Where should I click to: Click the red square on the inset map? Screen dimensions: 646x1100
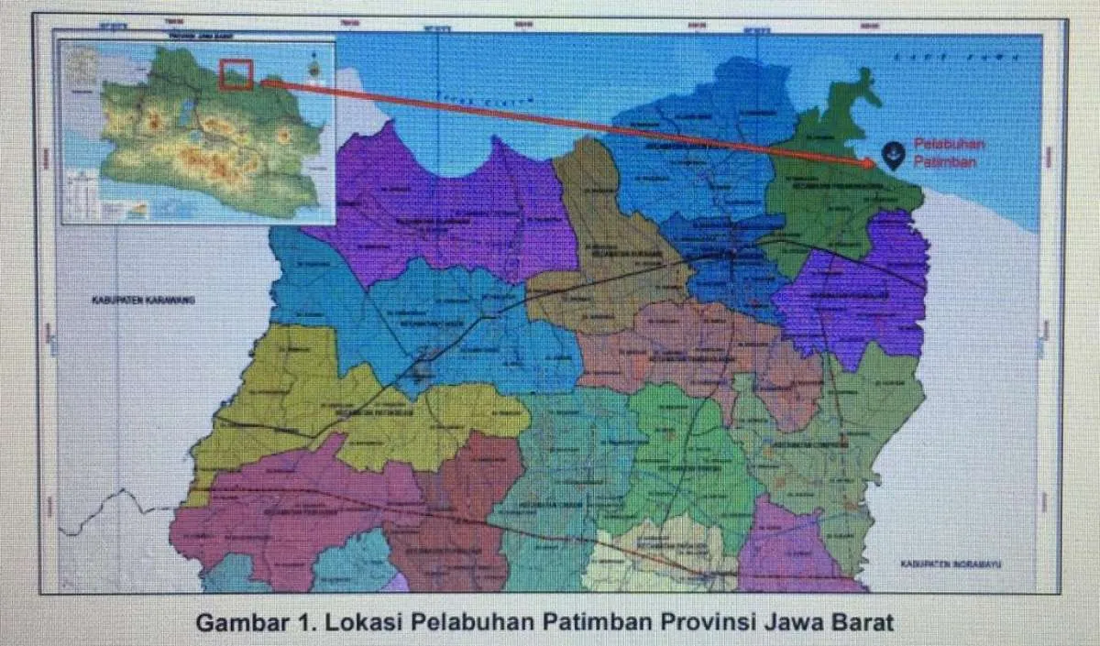point(236,75)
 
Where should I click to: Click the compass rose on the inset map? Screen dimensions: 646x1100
point(315,66)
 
